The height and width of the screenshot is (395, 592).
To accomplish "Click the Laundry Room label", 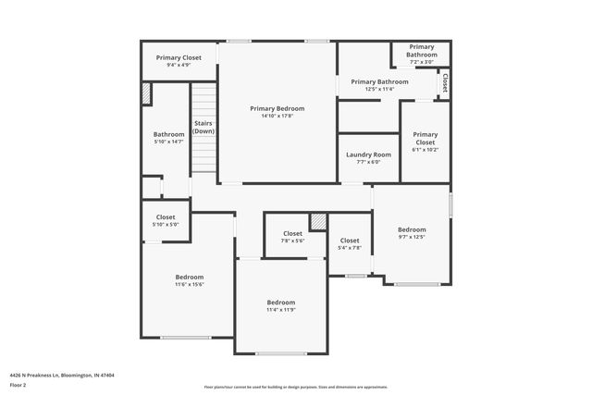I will [x=368, y=154].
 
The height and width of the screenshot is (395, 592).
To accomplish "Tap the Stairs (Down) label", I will [x=203, y=128].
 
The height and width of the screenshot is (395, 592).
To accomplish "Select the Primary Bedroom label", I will [x=277, y=108].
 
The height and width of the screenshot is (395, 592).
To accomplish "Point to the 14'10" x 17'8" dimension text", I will [x=277, y=116].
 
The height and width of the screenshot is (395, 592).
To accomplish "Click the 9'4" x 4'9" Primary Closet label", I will [x=179, y=61].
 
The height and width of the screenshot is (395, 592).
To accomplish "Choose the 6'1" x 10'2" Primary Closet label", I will [x=425, y=142].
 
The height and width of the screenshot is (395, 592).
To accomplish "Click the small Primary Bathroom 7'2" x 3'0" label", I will [x=421, y=54].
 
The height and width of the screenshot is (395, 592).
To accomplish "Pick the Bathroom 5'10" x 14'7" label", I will [x=168, y=137].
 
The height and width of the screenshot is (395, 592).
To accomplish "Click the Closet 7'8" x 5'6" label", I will [x=292, y=237].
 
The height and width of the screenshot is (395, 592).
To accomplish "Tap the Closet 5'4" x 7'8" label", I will [x=350, y=243].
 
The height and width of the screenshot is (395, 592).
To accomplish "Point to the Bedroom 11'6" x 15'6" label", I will [x=190, y=280].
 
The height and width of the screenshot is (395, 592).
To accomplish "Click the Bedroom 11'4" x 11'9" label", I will [x=281, y=306].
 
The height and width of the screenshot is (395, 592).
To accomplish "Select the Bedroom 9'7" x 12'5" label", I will [x=412, y=233].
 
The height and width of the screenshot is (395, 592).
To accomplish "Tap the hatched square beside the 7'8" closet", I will [x=318, y=222].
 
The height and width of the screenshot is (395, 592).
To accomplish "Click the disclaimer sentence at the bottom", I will [x=295, y=387].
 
